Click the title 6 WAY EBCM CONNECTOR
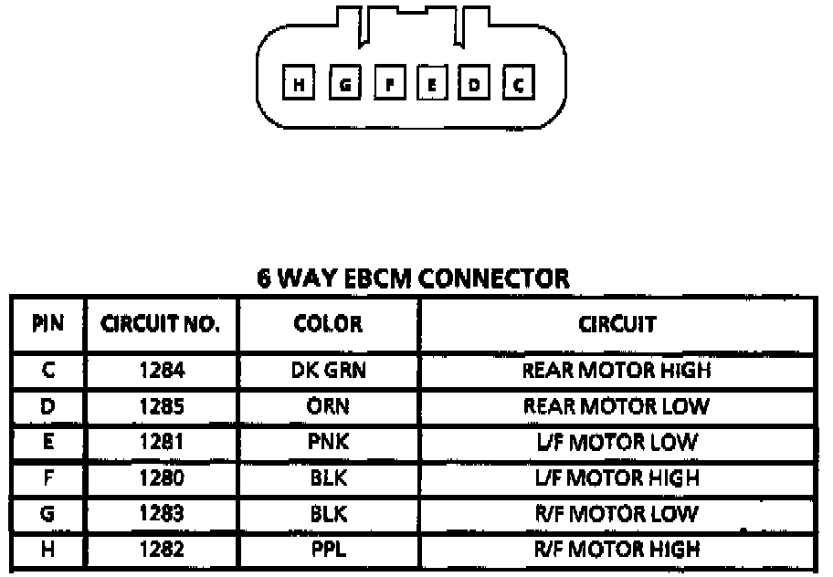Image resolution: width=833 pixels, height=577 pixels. point(413,278)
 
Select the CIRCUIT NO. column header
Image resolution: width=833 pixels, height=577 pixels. point(161,324)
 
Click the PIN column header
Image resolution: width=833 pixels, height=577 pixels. point(47,324)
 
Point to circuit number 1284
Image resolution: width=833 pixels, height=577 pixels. point(161,371)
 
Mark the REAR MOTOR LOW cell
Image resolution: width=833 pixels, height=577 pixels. point(617,406)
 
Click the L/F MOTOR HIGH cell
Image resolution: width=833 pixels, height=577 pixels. point(617,477)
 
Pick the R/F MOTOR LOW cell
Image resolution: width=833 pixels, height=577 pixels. point(617,513)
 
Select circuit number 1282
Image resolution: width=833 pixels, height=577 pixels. point(161,549)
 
